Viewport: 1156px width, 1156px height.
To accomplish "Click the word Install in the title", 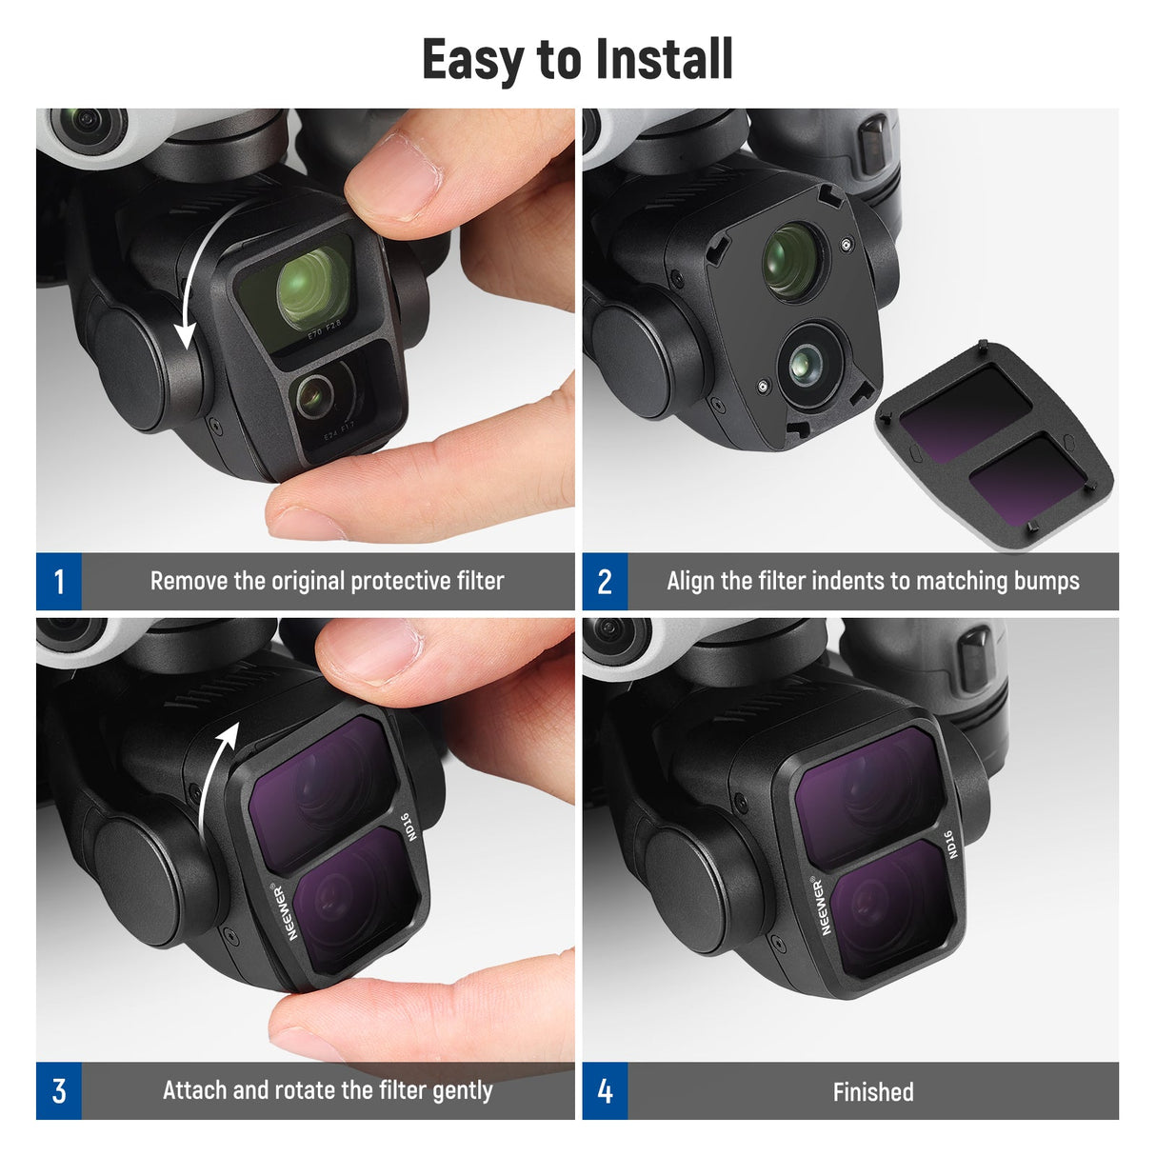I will pos(658,59).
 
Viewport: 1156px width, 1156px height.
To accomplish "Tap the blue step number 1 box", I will pos(59,581).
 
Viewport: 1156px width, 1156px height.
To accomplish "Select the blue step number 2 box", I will pos(605,581).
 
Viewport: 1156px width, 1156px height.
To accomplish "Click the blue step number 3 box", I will pos(59,1091).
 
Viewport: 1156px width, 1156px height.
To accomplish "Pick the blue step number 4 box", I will pos(605,1091).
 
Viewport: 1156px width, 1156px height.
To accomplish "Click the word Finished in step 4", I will pos(872,1092).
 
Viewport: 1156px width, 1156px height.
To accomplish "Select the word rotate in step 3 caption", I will pos(305,1090).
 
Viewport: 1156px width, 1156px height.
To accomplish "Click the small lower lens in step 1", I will pos(313,395).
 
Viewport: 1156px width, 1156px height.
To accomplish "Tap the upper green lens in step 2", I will pos(790,259).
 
